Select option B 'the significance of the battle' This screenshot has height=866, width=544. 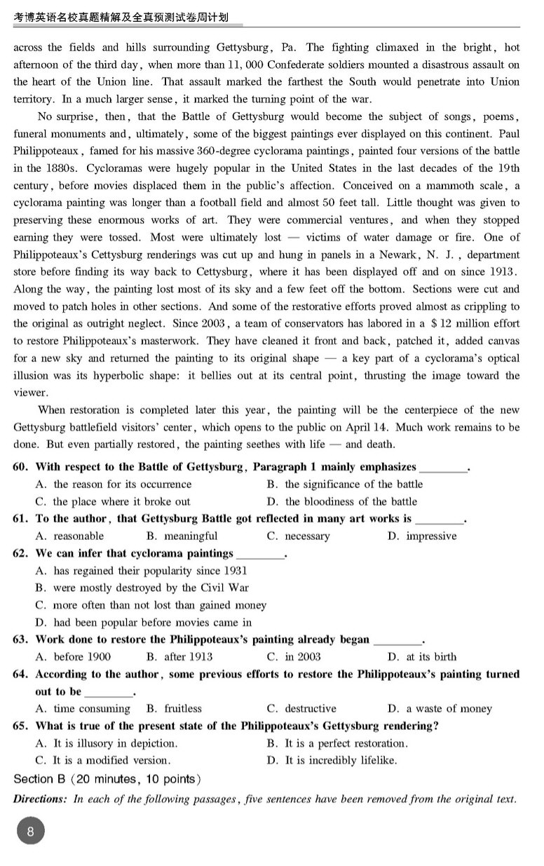click(345, 484)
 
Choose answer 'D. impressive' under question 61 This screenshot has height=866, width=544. click(421, 536)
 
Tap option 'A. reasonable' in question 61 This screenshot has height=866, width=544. click(69, 536)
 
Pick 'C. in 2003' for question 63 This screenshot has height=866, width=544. click(294, 657)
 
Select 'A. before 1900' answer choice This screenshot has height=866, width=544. click(72, 657)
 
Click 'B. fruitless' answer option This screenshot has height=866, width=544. click(173, 709)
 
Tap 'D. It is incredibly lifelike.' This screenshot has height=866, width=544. click(341, 760)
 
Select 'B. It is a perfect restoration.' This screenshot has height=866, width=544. click(337, 743)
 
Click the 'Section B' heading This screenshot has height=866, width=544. click(43, 779)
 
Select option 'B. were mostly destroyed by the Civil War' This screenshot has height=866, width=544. click(142, 588)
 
